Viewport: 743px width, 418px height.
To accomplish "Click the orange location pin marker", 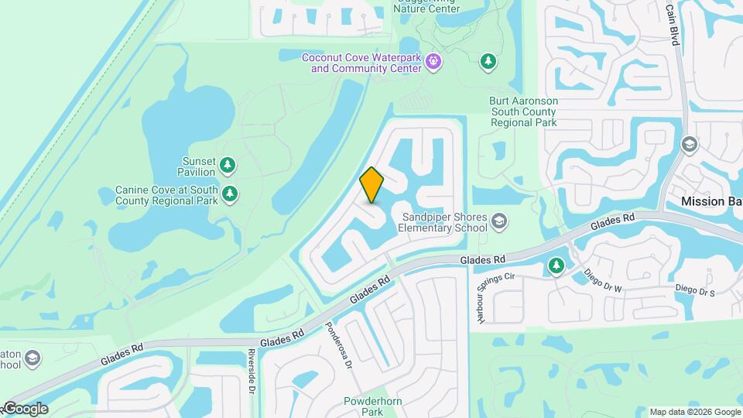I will (372, 184).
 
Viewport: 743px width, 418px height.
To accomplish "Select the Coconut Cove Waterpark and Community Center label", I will (361, 63).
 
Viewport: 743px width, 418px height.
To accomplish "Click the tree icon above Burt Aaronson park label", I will (488, 60).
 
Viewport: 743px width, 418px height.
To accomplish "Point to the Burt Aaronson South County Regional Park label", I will (523, 112).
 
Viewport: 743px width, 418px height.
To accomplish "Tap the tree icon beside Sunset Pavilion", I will (228, 164).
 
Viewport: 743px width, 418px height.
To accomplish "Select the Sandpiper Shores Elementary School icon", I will (499, 222).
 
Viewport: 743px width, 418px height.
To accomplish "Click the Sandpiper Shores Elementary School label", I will (443, 222).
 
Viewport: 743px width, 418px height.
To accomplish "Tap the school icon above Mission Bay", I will (689, 145).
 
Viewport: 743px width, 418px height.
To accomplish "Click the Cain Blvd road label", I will (672, 24).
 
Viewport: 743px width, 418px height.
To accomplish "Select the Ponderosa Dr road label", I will (337, 344).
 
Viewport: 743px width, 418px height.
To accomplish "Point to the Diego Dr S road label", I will (695, 289).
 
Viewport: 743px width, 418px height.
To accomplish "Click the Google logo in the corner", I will (25, 409).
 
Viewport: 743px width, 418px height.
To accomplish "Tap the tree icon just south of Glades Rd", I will (556, 266).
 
